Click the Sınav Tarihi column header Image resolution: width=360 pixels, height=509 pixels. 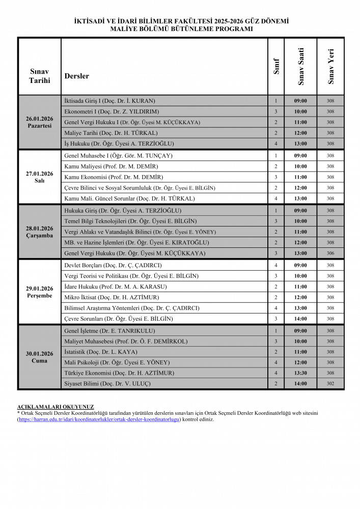click(x=40, y=76)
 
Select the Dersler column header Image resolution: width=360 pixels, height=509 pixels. click(x=77, y=76)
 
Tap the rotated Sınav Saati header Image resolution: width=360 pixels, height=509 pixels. click(x=301, y=66)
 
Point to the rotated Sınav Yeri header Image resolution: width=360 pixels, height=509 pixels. click(x=330, y=67)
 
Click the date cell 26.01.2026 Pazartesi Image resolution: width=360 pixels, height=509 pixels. click(x=40, y=122)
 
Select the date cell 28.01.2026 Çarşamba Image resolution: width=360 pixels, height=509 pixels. click(x=40, y=232)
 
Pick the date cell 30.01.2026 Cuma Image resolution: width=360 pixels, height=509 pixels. click(x=40, y=357)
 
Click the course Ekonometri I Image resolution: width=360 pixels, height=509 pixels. click(x=112, y=111)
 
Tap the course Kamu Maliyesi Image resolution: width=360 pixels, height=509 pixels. click(x=111, y=166)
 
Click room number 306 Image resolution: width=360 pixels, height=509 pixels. click(x=330, y=253)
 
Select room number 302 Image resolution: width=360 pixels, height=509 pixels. click(x=330, y=384)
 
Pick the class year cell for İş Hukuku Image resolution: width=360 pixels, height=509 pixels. click(x=275, y=144)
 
